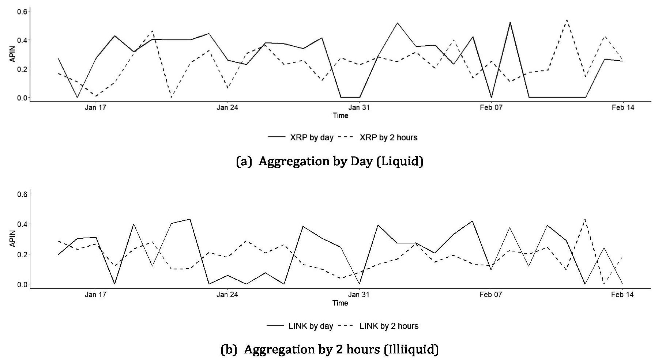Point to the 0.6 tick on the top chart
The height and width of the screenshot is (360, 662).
(22, 11)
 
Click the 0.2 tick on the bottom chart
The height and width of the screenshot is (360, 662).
(22, 254)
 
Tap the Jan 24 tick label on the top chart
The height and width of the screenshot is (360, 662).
(227, 107)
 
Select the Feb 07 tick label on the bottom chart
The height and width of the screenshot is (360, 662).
(490, 295)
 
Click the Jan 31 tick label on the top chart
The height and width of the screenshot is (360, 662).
(359, 107)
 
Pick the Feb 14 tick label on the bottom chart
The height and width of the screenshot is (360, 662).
(622, 295)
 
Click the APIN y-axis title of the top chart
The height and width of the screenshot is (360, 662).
(13, 54)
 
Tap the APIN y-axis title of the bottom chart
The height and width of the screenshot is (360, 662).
(13, 239)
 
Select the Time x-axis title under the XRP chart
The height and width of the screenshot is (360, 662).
(340, 115)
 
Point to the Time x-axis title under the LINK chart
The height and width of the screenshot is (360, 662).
(340, 303)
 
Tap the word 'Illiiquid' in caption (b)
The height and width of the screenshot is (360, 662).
(411, 349)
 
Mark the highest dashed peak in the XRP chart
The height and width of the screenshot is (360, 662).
(567, 20)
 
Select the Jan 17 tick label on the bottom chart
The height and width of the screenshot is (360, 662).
(95, 295)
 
